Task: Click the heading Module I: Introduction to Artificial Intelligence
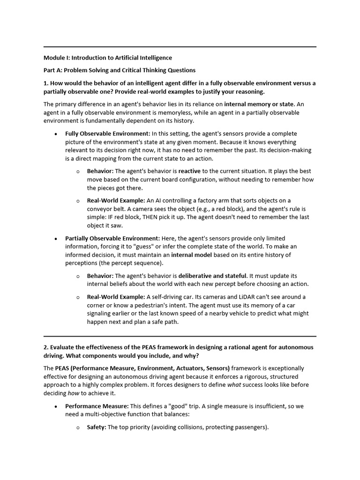[108, 58]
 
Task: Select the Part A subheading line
[120, 70]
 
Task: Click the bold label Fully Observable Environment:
[108, 134]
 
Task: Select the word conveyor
[102, 209]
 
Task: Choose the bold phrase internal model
[191, 255]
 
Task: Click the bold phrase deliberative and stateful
[212, 276]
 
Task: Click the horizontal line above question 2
[180, 336]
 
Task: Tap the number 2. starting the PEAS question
[46, 347]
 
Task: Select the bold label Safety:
[97, 427]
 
